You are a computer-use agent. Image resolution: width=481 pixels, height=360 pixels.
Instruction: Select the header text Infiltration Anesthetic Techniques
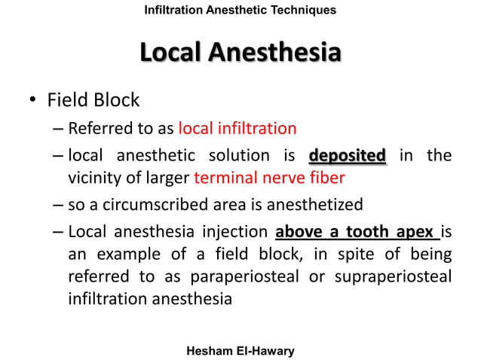tap(240, 10)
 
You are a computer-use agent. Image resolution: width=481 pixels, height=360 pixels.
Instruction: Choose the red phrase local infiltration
tap(237, 127)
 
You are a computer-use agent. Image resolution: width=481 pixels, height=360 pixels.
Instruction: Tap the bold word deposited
tap(348, 156)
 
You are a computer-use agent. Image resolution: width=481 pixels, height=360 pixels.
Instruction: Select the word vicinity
tap(94, 178)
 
